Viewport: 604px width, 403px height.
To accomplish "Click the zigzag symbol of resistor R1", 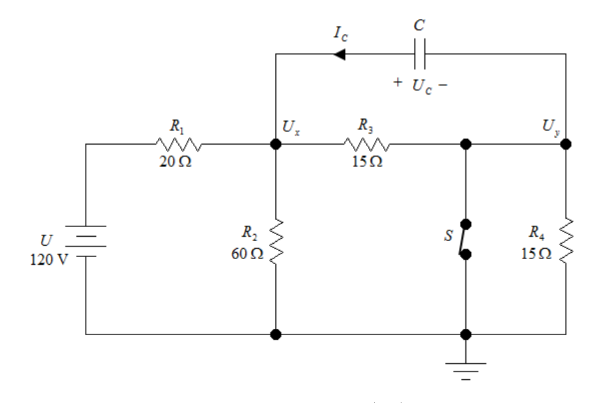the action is point(178,144).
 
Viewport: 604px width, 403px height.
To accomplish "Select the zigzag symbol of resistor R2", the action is point(276,242).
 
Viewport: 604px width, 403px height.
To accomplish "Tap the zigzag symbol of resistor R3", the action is point(367,144).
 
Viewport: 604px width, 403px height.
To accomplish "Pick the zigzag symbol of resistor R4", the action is point(566,241).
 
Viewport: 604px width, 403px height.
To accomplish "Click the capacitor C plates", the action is point(420,54).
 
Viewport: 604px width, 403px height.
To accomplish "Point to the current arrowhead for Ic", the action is point(339,54).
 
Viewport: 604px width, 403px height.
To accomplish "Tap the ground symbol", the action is point(466,371).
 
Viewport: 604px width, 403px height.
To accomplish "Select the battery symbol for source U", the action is point(86,241).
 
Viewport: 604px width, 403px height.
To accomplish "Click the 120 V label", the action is point(49,260).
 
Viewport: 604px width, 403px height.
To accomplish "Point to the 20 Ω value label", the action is point(175,161).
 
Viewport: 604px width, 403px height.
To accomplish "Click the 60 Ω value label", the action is point(247,253).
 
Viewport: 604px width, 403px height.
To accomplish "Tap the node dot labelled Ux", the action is point(276,144).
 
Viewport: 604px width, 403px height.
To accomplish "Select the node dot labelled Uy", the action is point(566,144).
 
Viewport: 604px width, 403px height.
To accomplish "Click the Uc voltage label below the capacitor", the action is point(422,86).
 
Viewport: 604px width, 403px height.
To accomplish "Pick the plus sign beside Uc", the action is point(398,82).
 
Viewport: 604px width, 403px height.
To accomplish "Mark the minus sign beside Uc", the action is point(443,84).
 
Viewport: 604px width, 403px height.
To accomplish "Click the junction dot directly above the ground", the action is point(466,335).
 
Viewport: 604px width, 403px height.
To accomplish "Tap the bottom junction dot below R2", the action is point(276,335).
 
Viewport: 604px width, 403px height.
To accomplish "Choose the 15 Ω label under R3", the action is point(367,161).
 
